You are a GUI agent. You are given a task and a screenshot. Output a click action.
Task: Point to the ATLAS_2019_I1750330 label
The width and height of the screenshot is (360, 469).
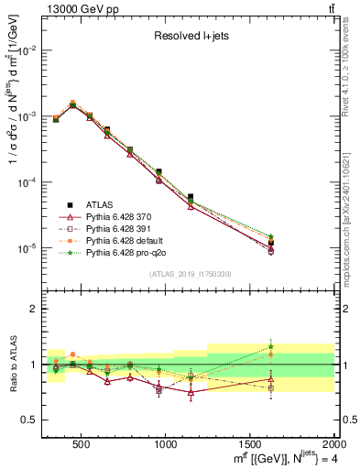[x=190, y=273]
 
